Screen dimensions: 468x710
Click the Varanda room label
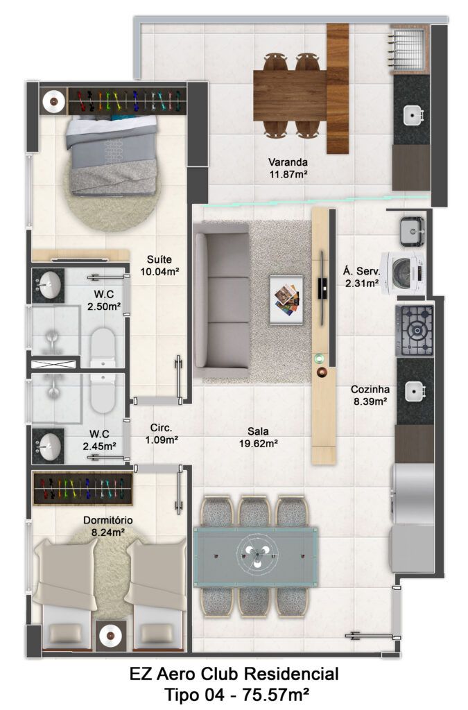[x=288, y=162]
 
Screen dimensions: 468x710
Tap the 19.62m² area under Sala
[x=259, y=444]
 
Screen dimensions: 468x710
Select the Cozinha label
[x=370, y=390]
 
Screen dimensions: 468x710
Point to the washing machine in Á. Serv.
[x=403, y=272]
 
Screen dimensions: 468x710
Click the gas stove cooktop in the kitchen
[x=415, y=330]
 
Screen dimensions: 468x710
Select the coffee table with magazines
[x=286, y=300]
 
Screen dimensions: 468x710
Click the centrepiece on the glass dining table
[x=256, y=556]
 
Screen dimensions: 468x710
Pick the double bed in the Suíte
[x=113, y=155]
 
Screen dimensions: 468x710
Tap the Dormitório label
[x=107, y=520]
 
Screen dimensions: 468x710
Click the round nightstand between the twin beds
[x=110, y=636]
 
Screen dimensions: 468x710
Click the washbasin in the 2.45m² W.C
[x=49, y=446]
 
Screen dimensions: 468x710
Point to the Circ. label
[x=161, y=427]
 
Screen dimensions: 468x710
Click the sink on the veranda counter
[x=413, y=116]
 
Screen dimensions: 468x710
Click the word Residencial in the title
[x=291, y=674]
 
